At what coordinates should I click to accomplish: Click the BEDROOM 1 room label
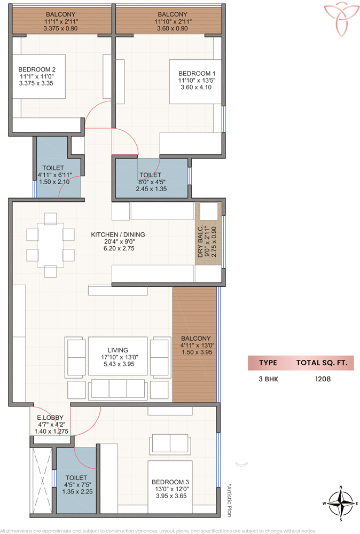click(x=197, y=73)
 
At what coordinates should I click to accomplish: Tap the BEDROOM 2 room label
click(x=37, y=69)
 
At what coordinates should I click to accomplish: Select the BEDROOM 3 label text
click(x=170, y=482)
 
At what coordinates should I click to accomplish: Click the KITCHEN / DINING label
click(x=118, y=234)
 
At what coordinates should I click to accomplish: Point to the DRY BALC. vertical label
click(x=200, y=241)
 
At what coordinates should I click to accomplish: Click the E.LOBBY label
click(x=50, y=417)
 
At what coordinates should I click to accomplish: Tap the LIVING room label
click(x=118, y=350)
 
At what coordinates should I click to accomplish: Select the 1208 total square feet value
click(x=323, y=379)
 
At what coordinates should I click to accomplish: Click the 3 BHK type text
click(x=268, y=379)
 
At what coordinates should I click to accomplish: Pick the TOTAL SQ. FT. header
click(x=322, y=363)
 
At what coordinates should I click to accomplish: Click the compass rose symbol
click(x=341, y=504)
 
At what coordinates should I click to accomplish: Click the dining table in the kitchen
click(x=50, y=245)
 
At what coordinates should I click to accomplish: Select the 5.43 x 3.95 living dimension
click(x=119, y=364)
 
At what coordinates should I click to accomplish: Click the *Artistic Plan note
click(x=229, y=501)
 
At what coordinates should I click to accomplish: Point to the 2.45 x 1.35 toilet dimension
click(x=151, y=189)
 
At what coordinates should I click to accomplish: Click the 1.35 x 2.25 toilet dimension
click(x=77, y=491)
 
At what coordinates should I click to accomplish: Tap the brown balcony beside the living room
click(x=194, y=344)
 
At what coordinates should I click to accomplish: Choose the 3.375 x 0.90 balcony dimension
click(x=61, y=28)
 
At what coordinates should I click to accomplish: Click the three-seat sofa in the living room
click(x=118, y=389)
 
